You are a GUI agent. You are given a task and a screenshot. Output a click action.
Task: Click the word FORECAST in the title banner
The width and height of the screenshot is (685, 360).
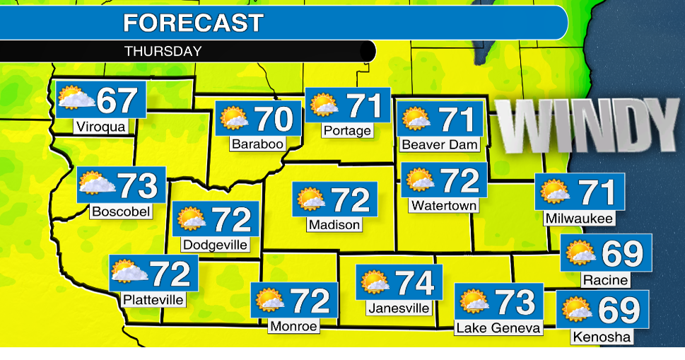pyautogui.click(x=192, y=23)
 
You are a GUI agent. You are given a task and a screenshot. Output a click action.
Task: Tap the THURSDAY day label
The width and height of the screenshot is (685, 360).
pyautogui.click(x=163, y=52)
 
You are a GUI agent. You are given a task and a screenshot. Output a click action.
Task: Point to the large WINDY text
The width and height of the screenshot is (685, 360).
pyautogui.click(x=586, y=125)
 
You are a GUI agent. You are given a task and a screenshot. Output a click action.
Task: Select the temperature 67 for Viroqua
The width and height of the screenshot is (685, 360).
pyautogui.click(x=117, y=100)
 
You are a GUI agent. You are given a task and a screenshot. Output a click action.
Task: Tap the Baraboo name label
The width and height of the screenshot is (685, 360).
pyautogui.click(x=257, y=144)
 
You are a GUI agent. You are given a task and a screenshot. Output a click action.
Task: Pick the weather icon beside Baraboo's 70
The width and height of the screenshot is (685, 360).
pyautogui.click(x=234, y=118)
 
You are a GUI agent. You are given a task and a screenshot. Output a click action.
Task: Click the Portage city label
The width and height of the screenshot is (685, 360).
pyautogui.click(x=347, y=131)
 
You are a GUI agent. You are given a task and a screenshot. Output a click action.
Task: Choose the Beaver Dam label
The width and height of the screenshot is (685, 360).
pyautogui.click(x=440, y=144)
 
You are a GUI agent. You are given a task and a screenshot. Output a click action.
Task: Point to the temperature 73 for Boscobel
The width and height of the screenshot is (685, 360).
pyautogui.click(x=137, y=186)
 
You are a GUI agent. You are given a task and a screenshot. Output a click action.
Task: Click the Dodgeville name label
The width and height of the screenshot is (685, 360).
pyautogui.click(x=216, y=245)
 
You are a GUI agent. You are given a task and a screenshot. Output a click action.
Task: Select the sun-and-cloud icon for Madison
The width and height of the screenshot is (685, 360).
pyautogui.click(x=310, y=199)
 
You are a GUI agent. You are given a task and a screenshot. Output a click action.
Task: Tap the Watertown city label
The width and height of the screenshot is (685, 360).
pyautogui.click(x=444, y=206)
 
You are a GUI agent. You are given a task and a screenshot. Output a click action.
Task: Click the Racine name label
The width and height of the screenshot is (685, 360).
pyautogui.click(x=605, y=280)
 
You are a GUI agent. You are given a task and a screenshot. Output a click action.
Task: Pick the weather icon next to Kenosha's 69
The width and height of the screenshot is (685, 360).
pyautogui.click(x=576, y=308)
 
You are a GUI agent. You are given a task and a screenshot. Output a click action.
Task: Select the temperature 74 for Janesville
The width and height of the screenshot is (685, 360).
pyautogui.click(x=414, y=283)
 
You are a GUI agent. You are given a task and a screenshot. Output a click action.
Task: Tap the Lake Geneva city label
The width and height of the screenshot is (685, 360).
pyautogui.click(x=498, y=327)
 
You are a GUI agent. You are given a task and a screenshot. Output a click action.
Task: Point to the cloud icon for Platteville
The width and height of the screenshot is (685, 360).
pyautogui.click(x=129, y=272)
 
